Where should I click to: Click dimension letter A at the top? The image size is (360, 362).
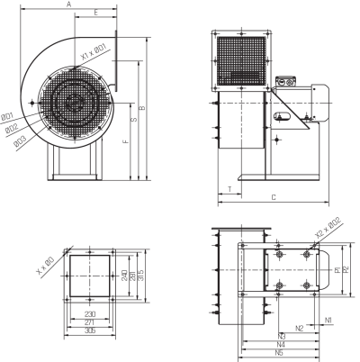click(x=68, y=5)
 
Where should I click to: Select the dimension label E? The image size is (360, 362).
click(x=96, y=13)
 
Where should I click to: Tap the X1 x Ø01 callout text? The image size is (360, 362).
click(x=94, y=51)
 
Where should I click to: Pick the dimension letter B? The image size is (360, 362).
click(x=143, y=107)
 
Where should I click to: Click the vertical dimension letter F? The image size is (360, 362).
click(x=126, y=140)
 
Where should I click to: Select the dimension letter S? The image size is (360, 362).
click(x=135, y=119)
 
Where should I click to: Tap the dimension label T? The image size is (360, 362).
click(x=229, y=189)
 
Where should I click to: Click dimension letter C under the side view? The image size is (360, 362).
click(x=274, y=197)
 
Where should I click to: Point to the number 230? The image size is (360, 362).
click(x=90, y=314)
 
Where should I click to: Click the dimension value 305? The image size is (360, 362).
click(x=90, y=330)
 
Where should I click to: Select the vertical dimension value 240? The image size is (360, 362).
click(x=124, y=276)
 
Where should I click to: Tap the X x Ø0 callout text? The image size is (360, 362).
click(x=45, y=266)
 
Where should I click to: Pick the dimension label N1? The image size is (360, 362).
click(x=328, y=321)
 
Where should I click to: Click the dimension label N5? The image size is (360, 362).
click(x=279, y=353)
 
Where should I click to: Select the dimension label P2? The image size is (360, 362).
click(x=346, y=269)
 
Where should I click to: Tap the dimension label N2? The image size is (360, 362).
click(x=300, y=328)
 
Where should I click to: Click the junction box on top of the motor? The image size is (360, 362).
click(x=285, y=81)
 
